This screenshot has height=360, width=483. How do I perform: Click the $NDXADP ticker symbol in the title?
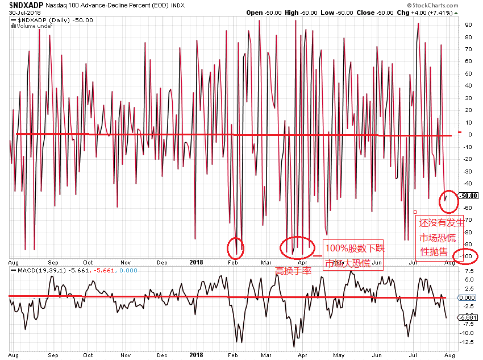[26, 5]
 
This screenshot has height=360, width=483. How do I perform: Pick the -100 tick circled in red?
[468, 256]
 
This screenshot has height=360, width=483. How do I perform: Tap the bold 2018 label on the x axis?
[196, 262]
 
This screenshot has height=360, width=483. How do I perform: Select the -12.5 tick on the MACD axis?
[468, 342]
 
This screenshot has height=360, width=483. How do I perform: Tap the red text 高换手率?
[293, 271]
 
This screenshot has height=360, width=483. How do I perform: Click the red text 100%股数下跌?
[355, 249]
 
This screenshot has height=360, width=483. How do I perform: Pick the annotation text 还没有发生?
[442, 224]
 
